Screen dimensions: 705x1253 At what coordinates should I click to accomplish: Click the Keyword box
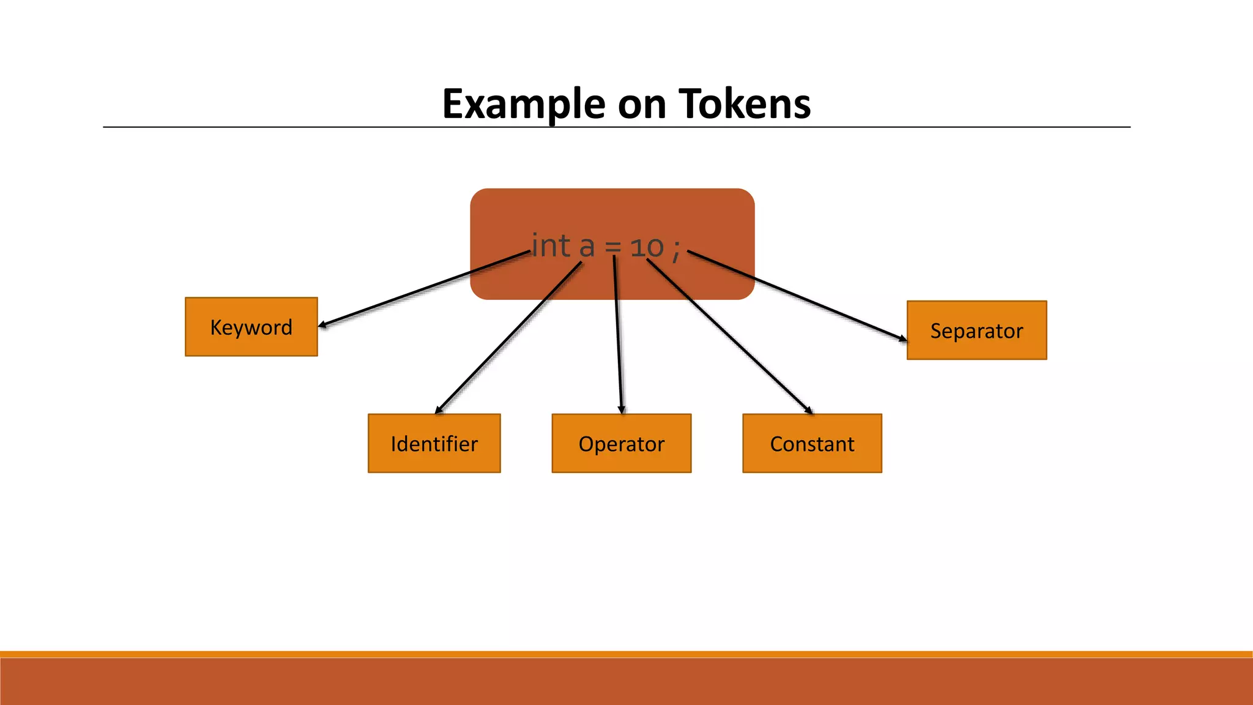coord(251,327)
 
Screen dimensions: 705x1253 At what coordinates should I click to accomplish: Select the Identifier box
coord(434,443)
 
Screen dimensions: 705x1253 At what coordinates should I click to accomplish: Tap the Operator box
coord(621,443)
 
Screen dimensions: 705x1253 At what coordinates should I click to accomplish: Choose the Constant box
coord(812,443)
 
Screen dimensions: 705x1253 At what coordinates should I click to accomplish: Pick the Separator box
coord(976,330)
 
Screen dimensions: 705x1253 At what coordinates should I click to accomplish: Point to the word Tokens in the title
coord(745,104)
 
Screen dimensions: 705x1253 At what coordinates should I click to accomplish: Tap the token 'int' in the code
coord(551,246)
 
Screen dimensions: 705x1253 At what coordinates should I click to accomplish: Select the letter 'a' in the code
coord(587,247)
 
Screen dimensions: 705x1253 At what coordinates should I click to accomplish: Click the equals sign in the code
coord(613,248)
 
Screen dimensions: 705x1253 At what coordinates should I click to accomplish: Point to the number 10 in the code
coord(647,247)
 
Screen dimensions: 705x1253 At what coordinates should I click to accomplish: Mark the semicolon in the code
coord(675,250)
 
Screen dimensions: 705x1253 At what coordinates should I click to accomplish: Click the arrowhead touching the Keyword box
coord(322,325)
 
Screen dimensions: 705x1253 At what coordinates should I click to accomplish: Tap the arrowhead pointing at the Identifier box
coord(438,411)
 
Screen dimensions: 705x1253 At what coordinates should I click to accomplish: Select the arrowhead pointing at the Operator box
coord(622,410)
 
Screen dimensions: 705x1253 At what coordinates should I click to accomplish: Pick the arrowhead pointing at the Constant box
coord(809,411)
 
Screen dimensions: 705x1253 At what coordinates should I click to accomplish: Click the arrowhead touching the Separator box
coord(903,338)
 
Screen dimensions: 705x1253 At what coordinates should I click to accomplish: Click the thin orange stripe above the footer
coord(626,654)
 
